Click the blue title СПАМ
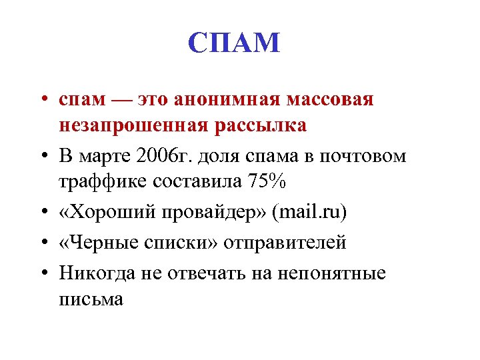pos(234,43)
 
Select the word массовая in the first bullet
pos(330,100)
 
